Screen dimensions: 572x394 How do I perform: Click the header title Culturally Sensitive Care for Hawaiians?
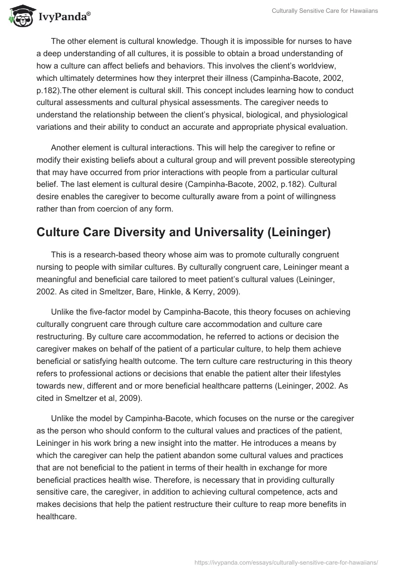coord(325,11)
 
